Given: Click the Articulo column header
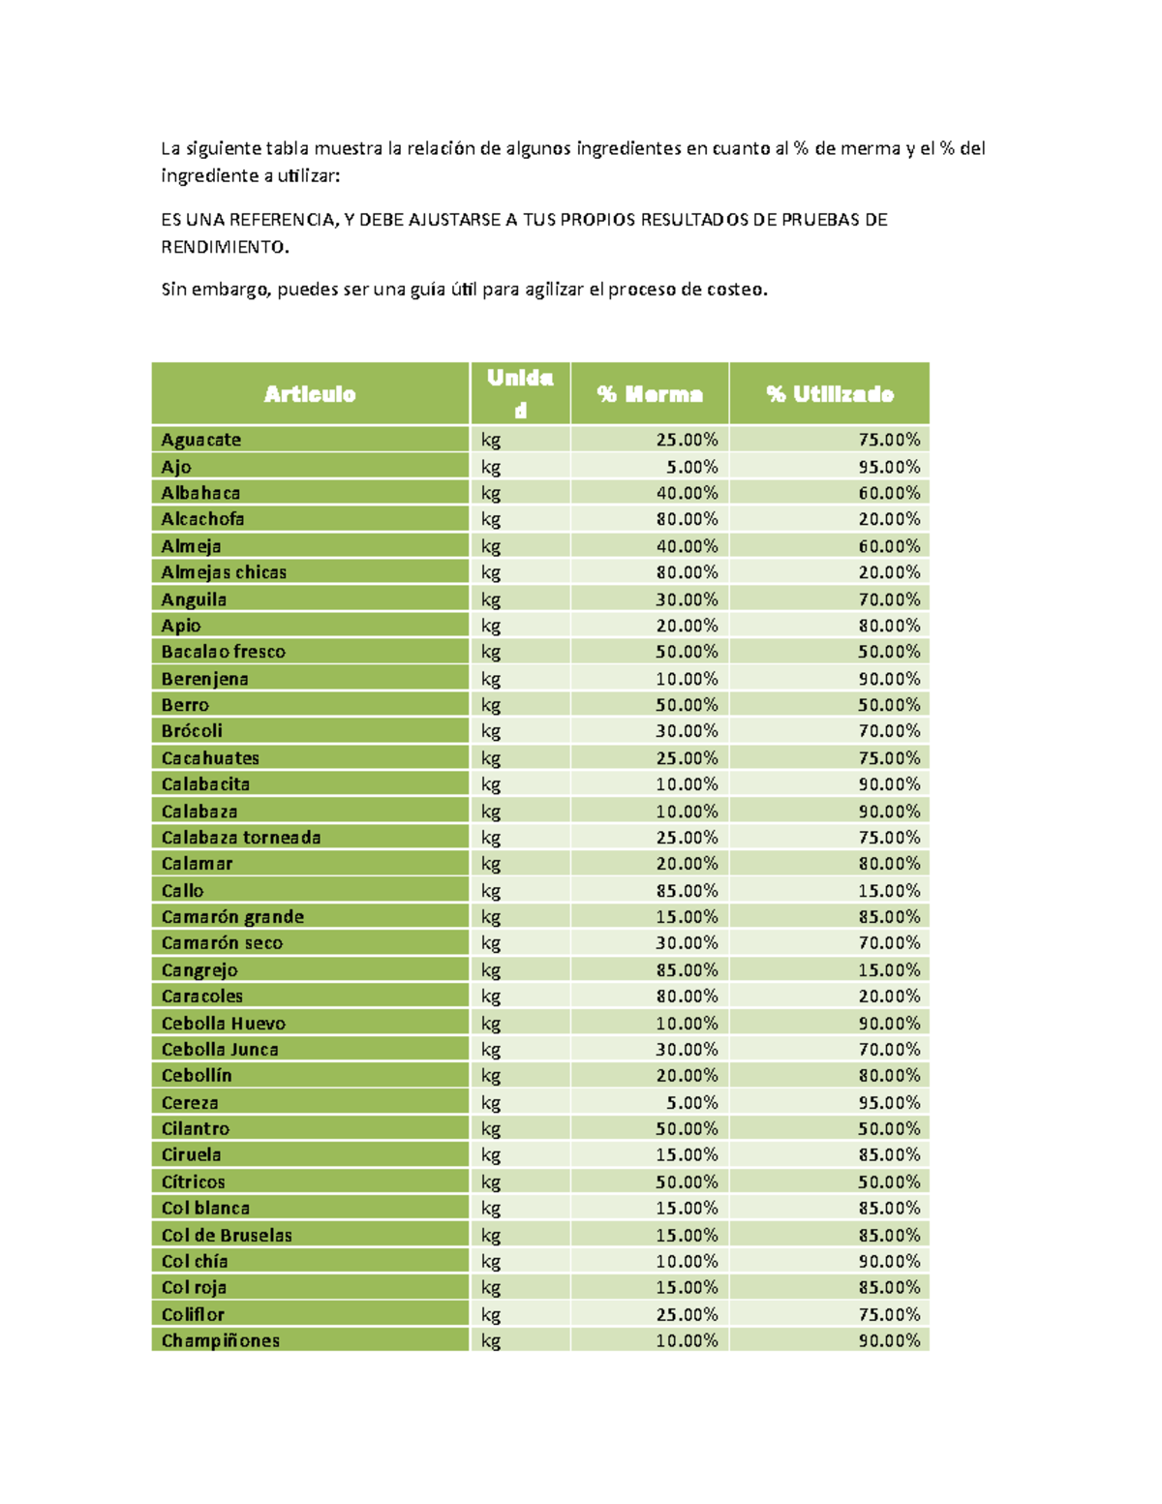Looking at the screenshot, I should (x=310, y=394).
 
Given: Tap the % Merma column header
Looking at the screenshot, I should (x=650, y=394).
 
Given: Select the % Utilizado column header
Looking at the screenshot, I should (x=830, y=394).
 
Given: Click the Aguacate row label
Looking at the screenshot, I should (x=201, y=440).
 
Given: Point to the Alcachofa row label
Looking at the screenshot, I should (x=203, y=519).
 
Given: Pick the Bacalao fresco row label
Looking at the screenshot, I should (x=224, y=652).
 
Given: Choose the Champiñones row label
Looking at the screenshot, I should (x=221, y=1340).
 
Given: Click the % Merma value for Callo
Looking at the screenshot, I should (x=687, y=890).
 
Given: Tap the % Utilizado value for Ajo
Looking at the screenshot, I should (x=889, y=467).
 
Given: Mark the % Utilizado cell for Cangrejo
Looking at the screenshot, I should (x=889, y=969).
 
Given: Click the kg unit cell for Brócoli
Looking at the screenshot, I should (x=491, y=731).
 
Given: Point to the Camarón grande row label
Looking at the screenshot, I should (x=233, y=916).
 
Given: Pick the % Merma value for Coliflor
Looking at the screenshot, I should (x=687, y=1314).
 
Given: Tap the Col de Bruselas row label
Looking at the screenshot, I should (x=228, y=1235).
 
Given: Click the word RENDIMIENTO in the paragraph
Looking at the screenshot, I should (x=224, y=247).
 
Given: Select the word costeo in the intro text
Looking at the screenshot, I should (x=737, y=290).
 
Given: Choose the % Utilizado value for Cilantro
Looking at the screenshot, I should (x=889, y=1128).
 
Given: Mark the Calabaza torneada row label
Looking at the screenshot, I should (x=241, y=837).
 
